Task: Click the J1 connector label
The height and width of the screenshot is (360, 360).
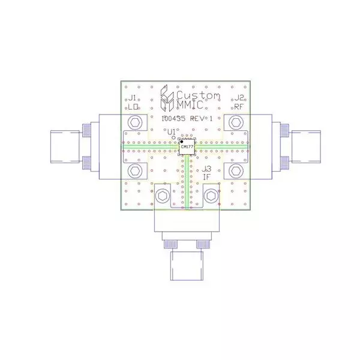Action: click(x=133, y=98)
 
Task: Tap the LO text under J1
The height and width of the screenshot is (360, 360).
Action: click(x=133, y=107)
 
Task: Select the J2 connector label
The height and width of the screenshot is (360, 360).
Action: click(x=238, y=98)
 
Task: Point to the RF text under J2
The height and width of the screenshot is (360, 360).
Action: click(x=238, y=107)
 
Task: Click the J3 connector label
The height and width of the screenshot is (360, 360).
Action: click(x=206, y=169)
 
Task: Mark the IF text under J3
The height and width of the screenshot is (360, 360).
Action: click(x=206, y=178)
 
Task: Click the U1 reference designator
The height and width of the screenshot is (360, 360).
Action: click(x=172, y=131)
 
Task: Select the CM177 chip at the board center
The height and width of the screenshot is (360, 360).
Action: click(x=186, y=147)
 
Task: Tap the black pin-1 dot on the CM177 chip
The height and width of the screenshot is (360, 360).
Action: click(x=181, y=142)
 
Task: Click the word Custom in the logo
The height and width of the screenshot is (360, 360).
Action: click(x=197, y=96)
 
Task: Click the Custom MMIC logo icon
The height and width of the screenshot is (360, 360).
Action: click(x=166, y=99)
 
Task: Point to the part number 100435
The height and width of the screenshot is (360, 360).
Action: click(x=175, y=119)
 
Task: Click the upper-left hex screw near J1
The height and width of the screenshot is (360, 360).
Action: click(x=137, y=122)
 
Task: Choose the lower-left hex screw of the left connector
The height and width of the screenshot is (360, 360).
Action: click(x=137, y=170)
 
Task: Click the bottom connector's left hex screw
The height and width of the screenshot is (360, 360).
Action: click(x=162, y=196)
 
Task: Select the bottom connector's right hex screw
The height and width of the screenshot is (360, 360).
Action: click(x=211, y=196)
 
